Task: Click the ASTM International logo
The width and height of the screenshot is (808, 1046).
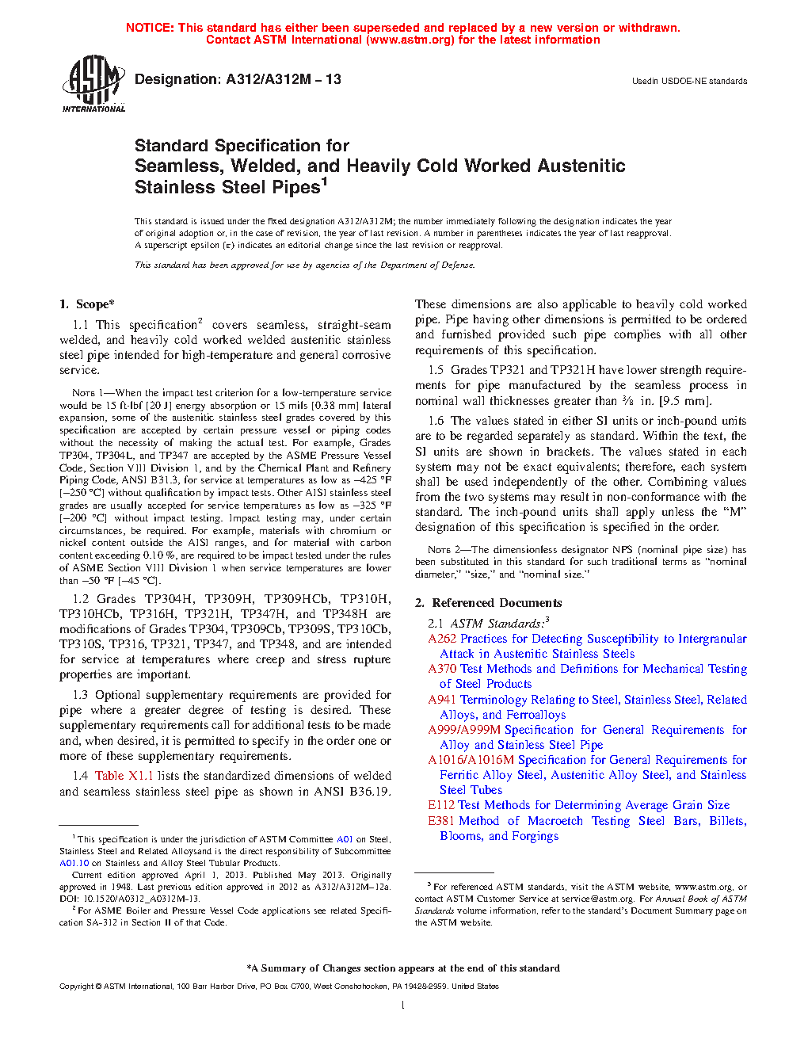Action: pyautogui.click(x=93, y=84)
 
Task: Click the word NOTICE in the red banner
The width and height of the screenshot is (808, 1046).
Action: pyautogui.click(x=150, y=28)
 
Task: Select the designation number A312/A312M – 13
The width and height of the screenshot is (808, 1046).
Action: pyautogui.click(x=284, y=79)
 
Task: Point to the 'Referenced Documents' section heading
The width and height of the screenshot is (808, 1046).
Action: pyautogui.click(x=497, y=603)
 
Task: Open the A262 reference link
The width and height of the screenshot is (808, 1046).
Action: pyautogui.click(x=442, y=639)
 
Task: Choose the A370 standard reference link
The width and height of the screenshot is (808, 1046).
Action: pyautogui.click(x=442, y=669)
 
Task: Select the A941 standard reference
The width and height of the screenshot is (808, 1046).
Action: pyautogui.click(x=442, y=700)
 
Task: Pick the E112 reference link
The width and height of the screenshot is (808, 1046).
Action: pyautogui.click(x=440, y=805)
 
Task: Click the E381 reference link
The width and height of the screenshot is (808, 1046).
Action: pyautogui.click(x=440, y=821)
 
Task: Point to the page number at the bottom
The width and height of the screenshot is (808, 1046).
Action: pyautogui.click(x=403, y=1006)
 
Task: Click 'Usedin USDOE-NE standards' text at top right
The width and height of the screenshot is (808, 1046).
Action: pyautogui.click(x=689, y=81)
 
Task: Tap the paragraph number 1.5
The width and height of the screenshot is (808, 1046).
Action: pyautogui.click(x=436, y=370)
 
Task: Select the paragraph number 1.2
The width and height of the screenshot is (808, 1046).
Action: pyautogui.click(x=80, y=599)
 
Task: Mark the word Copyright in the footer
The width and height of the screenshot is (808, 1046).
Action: pyautogui.click(x=77, y=987)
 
